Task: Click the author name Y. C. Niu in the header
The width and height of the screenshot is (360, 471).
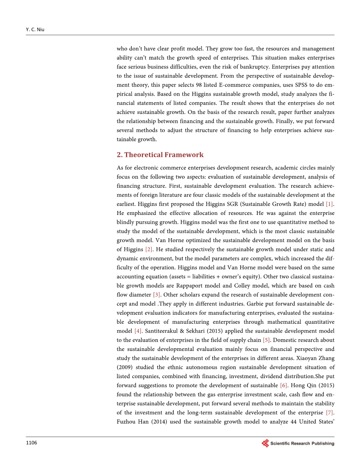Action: tap(35, 29)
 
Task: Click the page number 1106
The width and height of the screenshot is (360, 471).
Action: tap(31, 442)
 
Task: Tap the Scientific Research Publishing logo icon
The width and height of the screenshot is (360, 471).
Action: tap(265, 443)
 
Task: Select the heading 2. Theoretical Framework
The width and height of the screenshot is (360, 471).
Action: tap(160, 155)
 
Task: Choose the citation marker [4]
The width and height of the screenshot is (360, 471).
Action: tap(138, 331)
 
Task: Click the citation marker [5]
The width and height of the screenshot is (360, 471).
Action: tap(266, 340)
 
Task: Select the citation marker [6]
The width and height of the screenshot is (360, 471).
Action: tap(284, 386)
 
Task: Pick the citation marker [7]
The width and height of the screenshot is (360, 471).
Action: tap(330, 413)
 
